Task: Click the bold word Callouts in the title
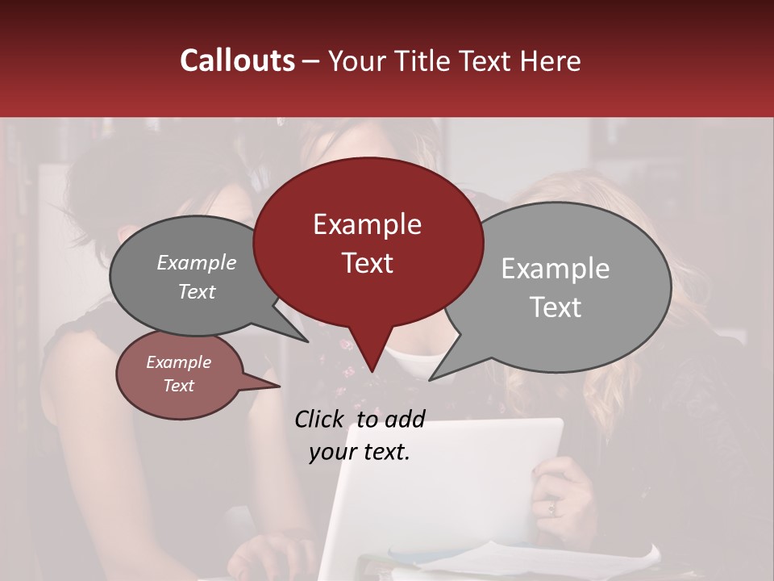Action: point(237,61)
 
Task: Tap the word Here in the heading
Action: point(548,61)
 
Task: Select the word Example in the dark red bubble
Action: point(367,224)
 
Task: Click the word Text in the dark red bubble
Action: point(367,263)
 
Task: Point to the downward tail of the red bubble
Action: point(371,355)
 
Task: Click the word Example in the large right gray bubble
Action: point(555,269)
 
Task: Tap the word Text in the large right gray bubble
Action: point(555,307)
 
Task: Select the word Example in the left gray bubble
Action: point(196,263)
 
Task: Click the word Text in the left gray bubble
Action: point(196,292)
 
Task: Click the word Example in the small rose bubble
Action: point(178,362)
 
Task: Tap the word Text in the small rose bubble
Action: point(178,386)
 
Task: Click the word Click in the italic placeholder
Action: point(320,419)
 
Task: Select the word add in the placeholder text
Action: point(405,419)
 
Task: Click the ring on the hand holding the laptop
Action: point(552,508)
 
